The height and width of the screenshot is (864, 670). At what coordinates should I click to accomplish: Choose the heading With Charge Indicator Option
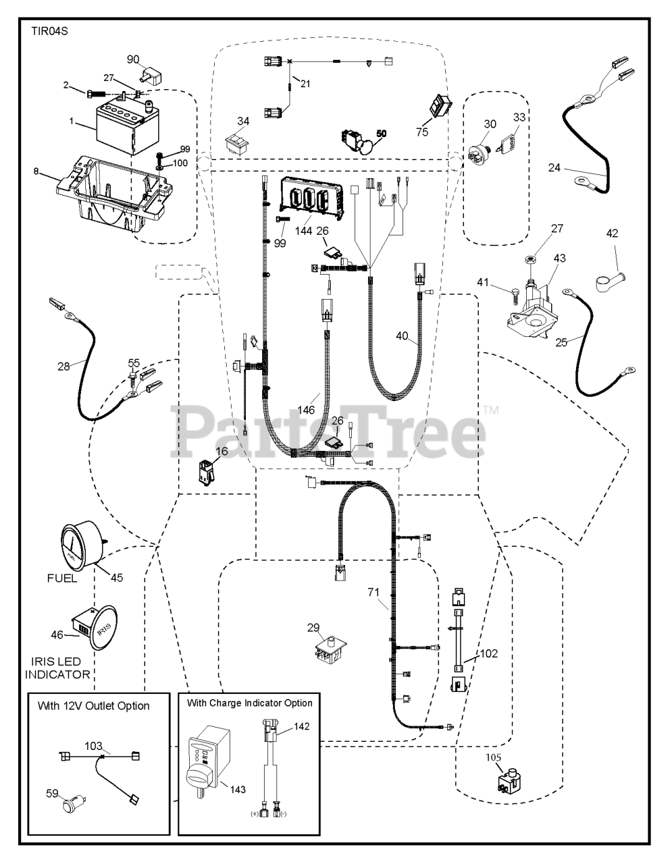tap(250, 703)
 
